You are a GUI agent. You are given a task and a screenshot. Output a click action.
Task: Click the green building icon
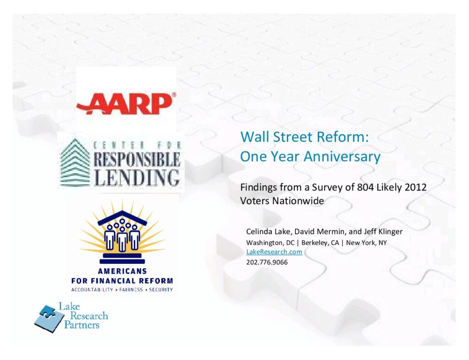[75, 163]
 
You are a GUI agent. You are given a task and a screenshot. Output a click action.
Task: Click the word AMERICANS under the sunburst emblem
[122, 271]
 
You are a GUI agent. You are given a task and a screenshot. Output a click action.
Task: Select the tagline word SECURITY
[161, 289]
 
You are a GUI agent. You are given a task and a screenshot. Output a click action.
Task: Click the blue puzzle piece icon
[49, 318]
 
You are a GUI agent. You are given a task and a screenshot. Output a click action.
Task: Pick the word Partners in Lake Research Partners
[82, 325]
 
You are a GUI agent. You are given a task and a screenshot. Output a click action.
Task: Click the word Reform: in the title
[343, 137]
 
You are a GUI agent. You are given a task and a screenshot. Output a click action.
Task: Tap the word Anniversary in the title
[342, 156]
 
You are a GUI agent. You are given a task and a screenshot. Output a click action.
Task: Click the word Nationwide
[298, 201]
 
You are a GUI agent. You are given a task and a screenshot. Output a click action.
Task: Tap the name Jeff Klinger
[383, 231]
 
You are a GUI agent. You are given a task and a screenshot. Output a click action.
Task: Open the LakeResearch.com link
[274, 252]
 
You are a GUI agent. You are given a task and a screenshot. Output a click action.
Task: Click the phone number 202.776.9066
[267, 262]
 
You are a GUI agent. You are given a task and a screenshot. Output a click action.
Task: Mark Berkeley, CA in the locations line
[320, 242]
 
